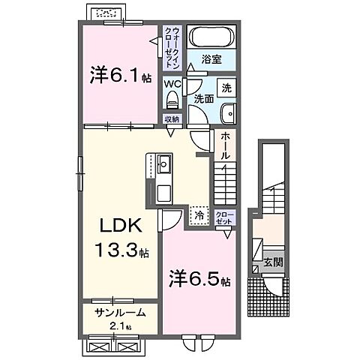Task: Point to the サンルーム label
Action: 119,313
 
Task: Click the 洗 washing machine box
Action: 226,86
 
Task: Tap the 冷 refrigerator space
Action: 199,215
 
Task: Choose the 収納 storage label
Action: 171,118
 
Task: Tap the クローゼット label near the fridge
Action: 226,218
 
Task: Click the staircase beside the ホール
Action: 226,184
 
